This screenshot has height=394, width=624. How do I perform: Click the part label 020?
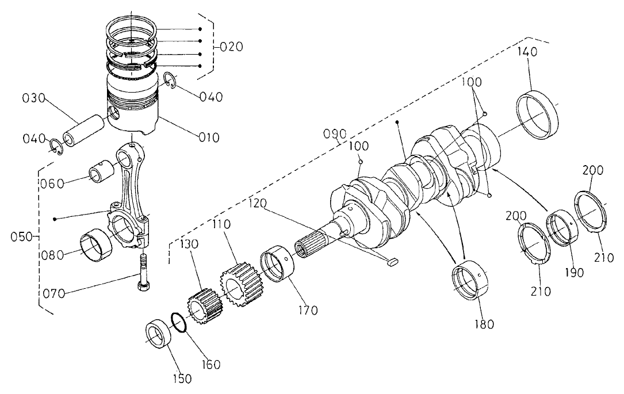click(231, 47)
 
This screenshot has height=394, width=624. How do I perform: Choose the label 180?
click(479, 323)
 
